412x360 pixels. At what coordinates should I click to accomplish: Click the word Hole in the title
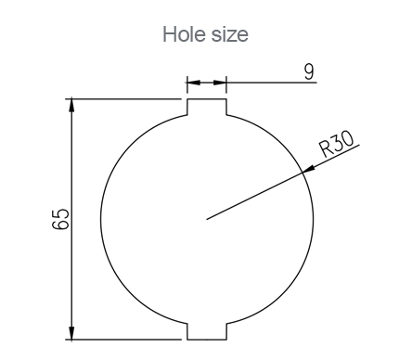185,34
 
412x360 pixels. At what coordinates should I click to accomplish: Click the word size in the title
230,34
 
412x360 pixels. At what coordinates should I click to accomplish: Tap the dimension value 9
309,71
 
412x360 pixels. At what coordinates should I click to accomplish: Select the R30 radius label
337,145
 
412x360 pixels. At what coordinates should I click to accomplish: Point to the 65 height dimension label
60,219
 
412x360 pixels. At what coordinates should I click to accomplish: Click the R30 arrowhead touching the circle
308,169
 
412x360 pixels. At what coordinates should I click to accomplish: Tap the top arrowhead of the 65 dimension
71,105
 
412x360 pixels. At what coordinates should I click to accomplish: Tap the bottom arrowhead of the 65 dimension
71,333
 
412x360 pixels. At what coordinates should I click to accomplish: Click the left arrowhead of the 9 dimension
194,83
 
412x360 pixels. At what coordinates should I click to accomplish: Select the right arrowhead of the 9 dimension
220,83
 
